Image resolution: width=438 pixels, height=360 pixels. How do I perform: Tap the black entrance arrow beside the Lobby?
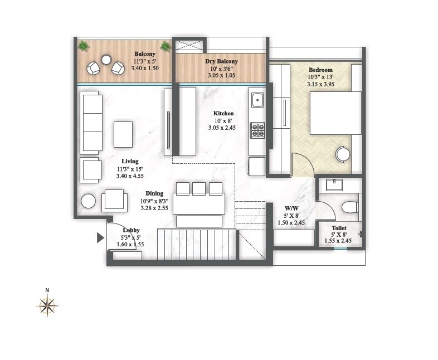tap(100, 238)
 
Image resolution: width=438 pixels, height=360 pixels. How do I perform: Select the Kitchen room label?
tap(223, 113)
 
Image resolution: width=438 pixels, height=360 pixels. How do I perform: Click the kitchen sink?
tap(257, 100)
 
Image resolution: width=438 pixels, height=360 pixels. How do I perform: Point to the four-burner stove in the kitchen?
tap(257, 130)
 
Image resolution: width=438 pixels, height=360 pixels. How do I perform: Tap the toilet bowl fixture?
tap(349, 207)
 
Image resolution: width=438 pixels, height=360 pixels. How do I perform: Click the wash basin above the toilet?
tap(334, 184)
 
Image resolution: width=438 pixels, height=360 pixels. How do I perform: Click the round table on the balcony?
tap(106, 60)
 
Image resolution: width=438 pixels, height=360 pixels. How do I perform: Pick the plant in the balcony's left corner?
tap(83, 46)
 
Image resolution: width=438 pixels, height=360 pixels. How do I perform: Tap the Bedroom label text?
tap(320, 70)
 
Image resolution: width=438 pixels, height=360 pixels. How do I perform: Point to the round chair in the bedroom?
tap(343, 154)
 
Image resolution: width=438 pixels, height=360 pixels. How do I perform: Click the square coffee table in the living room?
tap(123, 134)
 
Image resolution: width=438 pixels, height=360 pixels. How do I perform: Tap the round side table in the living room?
tap(88, 201)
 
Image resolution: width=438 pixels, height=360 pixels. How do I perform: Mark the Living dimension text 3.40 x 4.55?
tap(130, 176)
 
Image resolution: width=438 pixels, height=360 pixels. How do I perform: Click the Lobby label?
tap(132, 230)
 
